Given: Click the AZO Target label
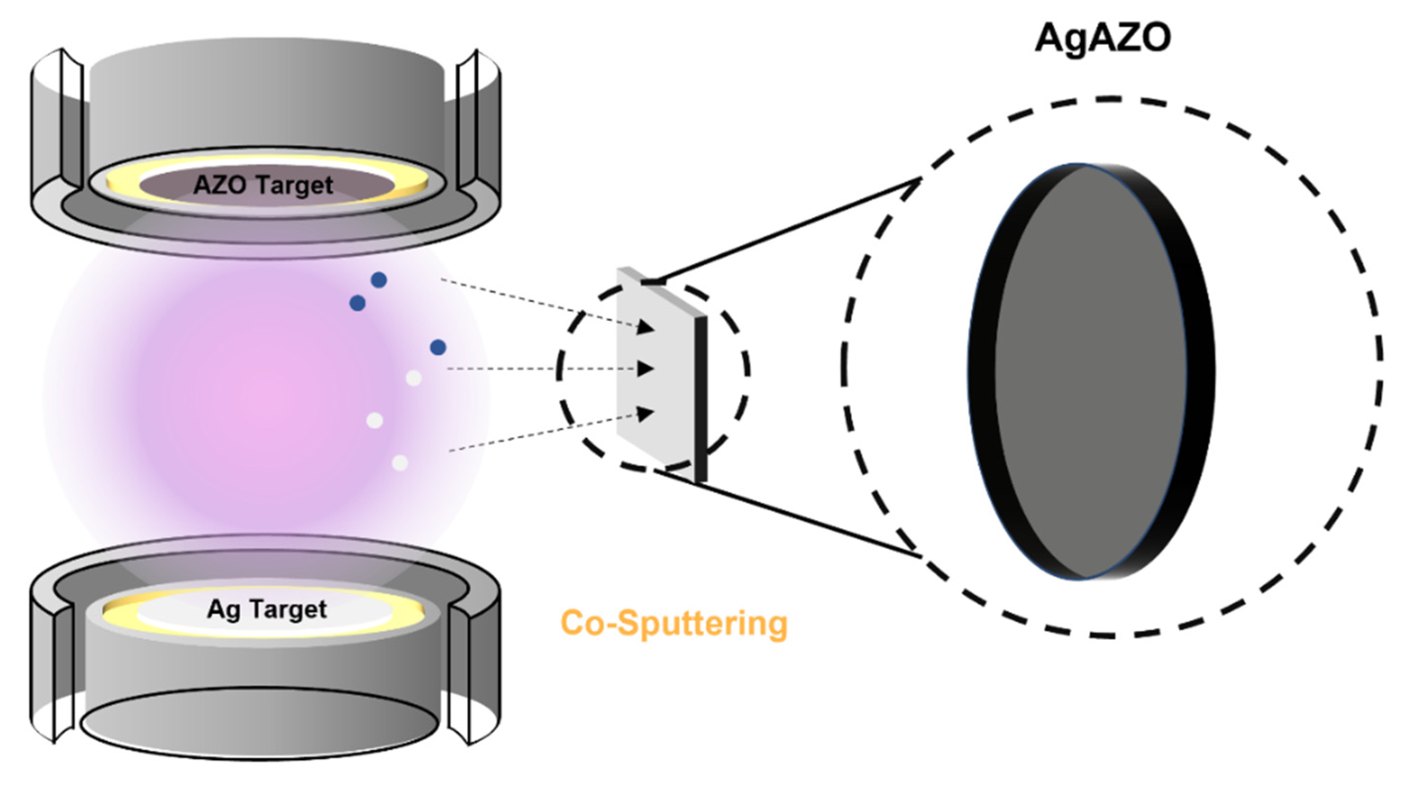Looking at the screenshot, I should point(263,185).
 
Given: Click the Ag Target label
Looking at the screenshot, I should point(267,609).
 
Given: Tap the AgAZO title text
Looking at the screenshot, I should point(1103,38).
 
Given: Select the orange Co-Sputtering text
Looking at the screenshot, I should point(674,623).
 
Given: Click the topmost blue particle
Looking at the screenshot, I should point(379,280).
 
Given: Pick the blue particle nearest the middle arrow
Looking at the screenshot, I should point(438,347).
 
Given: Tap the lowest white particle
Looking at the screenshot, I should point(400,463).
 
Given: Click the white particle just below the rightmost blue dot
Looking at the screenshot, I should point(414,378).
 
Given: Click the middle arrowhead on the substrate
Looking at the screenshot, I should point(645,369).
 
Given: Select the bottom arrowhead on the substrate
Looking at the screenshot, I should point(645,413).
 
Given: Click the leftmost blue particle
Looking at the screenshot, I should point(358,303).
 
